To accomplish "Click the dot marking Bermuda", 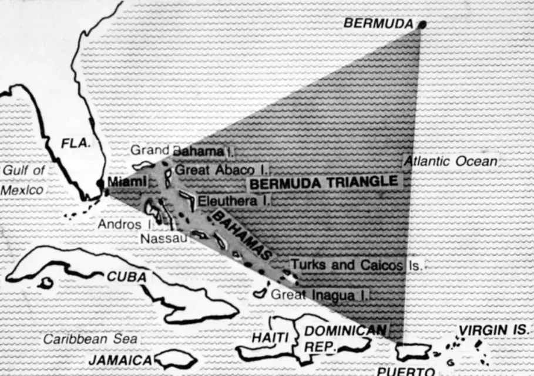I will pyautogui.click(x=422, y=24).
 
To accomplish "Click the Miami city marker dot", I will pyautogui.click(x=100, y=183).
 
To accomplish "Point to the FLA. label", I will pyautogui.click(x=76, y=143).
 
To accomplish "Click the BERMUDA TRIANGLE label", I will pyautogui.click(x=324, y=183).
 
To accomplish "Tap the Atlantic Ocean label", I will pyautogui.click(x=451, y=161).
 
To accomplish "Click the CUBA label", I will pyautogui.click(x=126, y=276).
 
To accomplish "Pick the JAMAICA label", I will pyautogui.click(x=120, y=360).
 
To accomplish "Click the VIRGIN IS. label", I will pyautogui.click(x=493, y=330).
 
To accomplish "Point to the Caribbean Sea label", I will pyautogui.click(x=90, y=338).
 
